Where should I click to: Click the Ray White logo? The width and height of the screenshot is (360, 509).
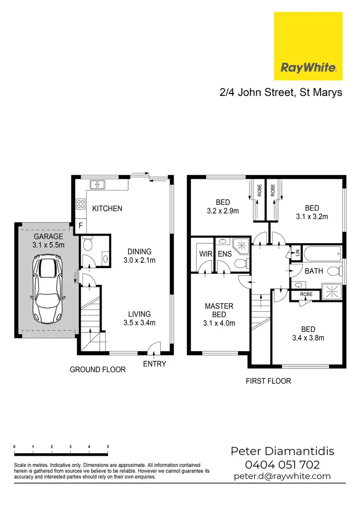(x=308, y=46)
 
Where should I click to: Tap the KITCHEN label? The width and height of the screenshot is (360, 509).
(x=107, y=209)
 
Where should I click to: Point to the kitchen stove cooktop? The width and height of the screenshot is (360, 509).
(x=81, y=205)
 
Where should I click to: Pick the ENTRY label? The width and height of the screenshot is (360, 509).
(x=155, y=364)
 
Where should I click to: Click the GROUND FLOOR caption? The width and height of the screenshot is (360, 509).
(x=97, y=369)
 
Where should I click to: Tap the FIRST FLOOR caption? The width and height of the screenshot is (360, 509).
(x=268, y=381)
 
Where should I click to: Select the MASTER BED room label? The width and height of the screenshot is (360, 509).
(x=219, y=310)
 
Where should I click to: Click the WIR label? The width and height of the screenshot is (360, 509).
(x=205, y=254)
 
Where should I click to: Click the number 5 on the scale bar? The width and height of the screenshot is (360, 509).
(x=108, y=447)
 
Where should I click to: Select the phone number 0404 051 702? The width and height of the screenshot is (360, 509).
(x=282, y=464)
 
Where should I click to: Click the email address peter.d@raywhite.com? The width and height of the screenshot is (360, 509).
(x=282, y=476)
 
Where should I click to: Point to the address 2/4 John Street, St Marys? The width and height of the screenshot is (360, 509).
(x=281, y=92)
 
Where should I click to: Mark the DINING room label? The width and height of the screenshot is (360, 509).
(x=139, y=251)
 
